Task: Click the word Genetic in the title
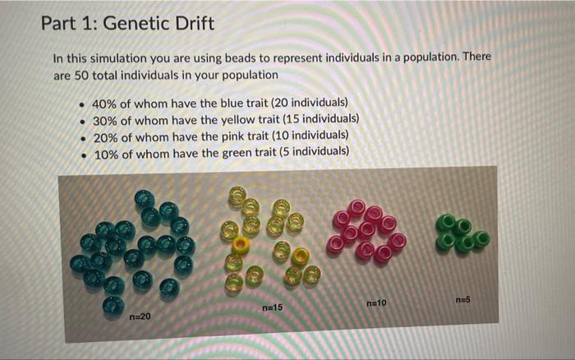click(x=138, y=24)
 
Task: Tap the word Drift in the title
click(x=195, y=24)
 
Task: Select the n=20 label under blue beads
click(x=140, y=315)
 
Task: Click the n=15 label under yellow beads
click(x=272, y=307)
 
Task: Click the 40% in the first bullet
click(x=106, y=104)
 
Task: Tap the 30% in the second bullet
click(x=106, y=120)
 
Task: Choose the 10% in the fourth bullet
click(x=106, y=153)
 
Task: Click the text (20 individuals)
click(x=306, y=104)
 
